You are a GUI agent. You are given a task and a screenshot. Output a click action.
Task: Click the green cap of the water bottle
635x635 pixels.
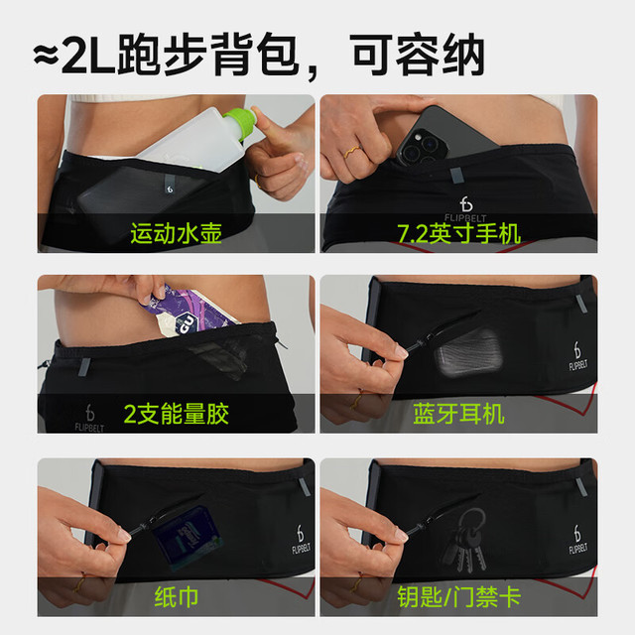tap(240, 122)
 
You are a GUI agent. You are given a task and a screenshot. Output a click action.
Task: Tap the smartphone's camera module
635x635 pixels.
tap(422, 146)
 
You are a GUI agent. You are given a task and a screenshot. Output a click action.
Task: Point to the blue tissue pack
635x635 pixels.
tap(188, 538)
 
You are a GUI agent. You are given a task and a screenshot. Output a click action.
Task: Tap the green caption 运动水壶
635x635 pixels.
tap(177, 234)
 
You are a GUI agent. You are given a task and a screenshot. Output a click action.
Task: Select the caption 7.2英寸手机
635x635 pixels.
tap(458, 234)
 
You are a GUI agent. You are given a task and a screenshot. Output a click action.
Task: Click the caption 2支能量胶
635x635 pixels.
tap(177, 414)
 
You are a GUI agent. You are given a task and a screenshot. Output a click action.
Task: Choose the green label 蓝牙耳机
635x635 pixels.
tap(458, 414)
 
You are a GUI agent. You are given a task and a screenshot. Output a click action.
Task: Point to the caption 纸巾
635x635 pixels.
tap(177, 597)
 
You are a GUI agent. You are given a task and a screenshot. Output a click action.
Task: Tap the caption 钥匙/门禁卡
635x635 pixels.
tap(458, 597)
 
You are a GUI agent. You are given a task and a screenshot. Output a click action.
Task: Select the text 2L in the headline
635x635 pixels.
tap(87, 56)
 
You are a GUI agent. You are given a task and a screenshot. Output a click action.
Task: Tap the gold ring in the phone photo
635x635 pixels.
tap(352, 152)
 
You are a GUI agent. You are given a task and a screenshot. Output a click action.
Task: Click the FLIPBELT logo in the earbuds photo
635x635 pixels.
tap(577, 355)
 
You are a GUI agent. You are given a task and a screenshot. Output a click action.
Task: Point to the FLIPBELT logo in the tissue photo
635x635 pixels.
tap(301, 539)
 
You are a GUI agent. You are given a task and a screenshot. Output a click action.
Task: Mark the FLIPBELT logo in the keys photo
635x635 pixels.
tap(577, 539)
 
